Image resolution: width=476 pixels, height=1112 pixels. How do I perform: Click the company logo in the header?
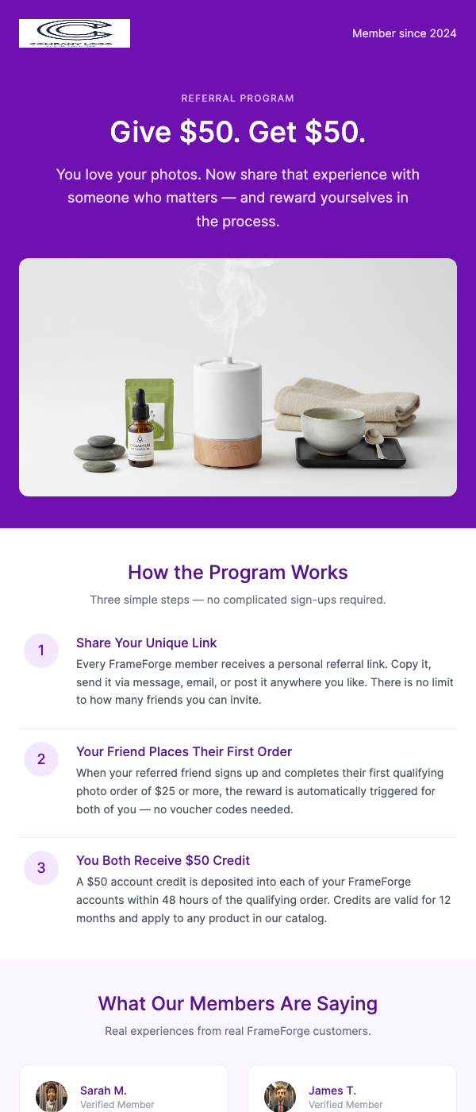click(x=75, y=33)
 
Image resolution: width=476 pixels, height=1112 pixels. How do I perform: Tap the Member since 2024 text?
click(x=404, y=33)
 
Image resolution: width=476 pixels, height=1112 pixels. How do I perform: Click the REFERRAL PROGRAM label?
click(x=238, y=98)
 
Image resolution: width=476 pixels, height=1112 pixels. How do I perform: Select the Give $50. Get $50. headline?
click(x=238, y=133)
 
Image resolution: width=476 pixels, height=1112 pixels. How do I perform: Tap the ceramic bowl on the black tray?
click(x=332, y=430)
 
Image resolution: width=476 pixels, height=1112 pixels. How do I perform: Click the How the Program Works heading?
click(x=238, y=573)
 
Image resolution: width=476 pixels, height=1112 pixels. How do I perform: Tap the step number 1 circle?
click(x=41, y=651)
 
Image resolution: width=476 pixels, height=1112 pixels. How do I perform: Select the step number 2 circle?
click(x=41, y=759)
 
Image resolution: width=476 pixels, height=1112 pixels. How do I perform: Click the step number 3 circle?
click(x=41, y=868)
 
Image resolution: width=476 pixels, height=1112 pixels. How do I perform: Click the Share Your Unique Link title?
click(x=146, y=643)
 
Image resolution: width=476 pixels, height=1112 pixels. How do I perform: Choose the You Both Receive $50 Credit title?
click(x=163, y=860)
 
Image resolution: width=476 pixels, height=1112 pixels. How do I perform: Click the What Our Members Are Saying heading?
click(x=238, y=1004)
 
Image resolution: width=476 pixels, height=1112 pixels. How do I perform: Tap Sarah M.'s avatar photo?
click(x=52, y=1096)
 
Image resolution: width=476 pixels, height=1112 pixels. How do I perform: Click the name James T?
click(x=332, y=1091)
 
